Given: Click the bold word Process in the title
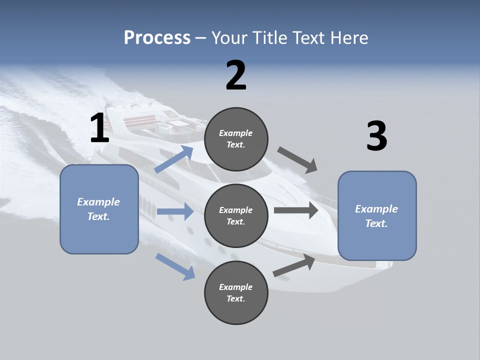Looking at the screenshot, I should tap(157, 38).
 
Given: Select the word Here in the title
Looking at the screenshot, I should tap(348, 38).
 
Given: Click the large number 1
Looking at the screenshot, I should tap(99, 128).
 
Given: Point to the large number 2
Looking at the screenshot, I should tap(236, 75).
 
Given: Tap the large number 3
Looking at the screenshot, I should tap(376, 136).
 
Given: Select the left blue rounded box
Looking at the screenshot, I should tap(99, 209).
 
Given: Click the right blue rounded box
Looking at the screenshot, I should tap(377, 215).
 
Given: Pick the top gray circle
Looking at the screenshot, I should tap(236, 139).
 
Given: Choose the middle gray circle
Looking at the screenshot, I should tap(236, 215).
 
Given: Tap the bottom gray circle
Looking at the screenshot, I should tap(236, 292).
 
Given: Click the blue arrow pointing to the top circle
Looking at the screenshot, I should tap(174, 159).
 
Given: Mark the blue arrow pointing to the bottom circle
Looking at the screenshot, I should tap(175, 266).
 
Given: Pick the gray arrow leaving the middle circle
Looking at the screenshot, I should tap(296, 210).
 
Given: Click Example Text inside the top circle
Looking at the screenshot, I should tap(236, 139).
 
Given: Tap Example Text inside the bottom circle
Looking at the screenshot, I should tap(236, 292).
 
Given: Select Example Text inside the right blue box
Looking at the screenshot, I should tap(377, 216).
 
